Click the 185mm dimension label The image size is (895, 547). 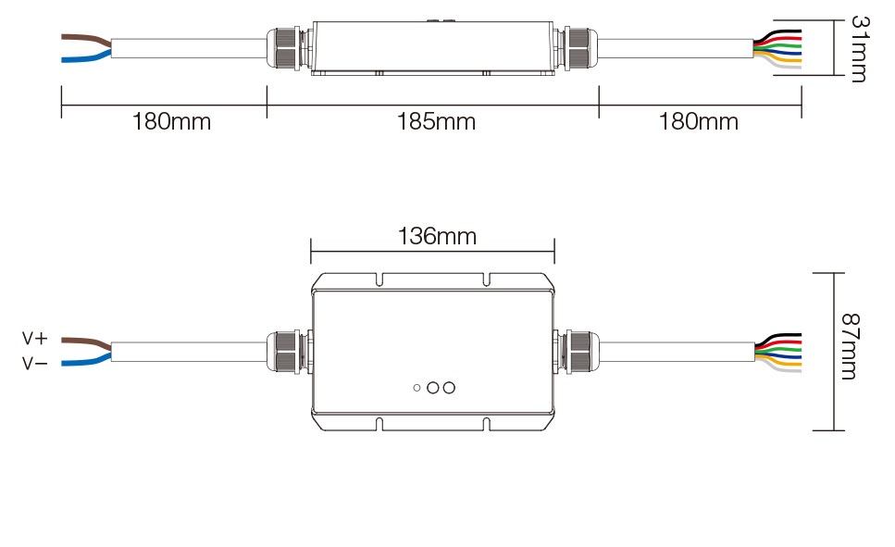436,121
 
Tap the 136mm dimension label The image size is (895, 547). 437,236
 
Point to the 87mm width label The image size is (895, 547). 850,346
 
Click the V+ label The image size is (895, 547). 35,339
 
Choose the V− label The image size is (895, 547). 35,363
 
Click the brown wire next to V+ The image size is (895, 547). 86,342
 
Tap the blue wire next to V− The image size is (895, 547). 86,360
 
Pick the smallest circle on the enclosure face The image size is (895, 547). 416,388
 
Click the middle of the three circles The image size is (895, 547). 432,388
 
